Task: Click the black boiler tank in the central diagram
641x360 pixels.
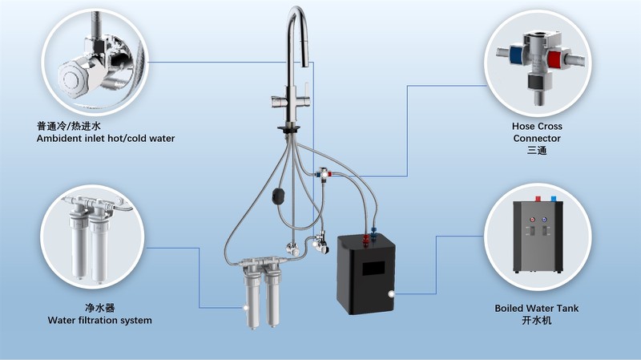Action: point(365,277)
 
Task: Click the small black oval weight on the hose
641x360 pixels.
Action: point(279,194)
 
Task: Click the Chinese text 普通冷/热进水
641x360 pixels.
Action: point(69,126)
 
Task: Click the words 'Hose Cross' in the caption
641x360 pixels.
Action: point(536,127)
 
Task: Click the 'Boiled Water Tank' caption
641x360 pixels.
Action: point(536,308)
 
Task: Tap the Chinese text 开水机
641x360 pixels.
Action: point(536,321)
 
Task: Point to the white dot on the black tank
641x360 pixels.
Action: point(390,295)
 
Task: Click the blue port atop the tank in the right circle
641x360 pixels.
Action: point(554,216)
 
